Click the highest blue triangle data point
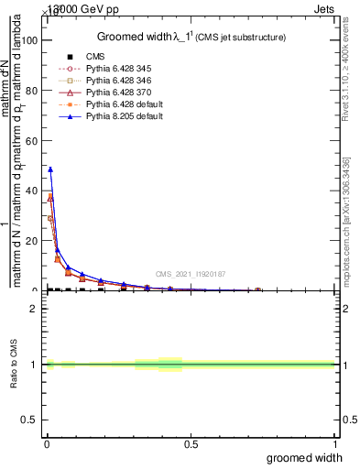coord(50,169)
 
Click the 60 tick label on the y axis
coord(33,141)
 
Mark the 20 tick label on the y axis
coord(33,241)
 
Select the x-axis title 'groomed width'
coord(312,457)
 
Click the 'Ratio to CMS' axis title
coord(13,365)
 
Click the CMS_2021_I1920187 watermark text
coord(190,274)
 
